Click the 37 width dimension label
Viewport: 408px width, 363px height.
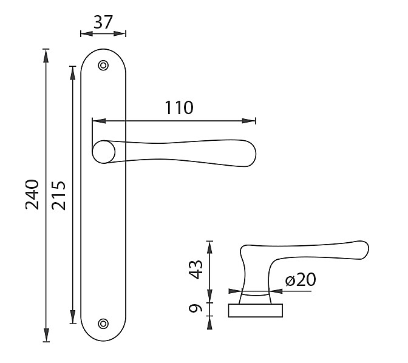[103, 22]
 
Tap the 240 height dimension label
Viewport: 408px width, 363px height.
[32, 194]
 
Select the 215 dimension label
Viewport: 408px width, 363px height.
[58, 195]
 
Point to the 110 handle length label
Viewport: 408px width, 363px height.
[179, 107]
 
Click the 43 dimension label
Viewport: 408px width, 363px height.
[195, 270]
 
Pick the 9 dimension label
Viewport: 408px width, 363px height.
[195, 308]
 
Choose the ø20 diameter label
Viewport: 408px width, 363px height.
[301, 279]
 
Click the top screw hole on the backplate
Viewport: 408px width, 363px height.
[103, 66]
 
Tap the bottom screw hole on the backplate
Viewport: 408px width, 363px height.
[103, 324]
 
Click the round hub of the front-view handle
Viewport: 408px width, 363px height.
[104, 152]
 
